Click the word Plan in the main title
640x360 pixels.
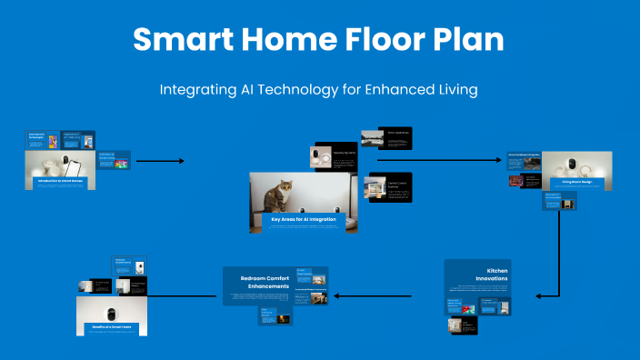[471, 40]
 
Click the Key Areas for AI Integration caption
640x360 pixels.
[303, 218]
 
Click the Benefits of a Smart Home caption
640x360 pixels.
[111, 325]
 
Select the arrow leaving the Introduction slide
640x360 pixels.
[160, 161]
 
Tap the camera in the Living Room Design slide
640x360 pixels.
[574, 165]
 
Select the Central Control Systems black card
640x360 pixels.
[389, 187]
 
